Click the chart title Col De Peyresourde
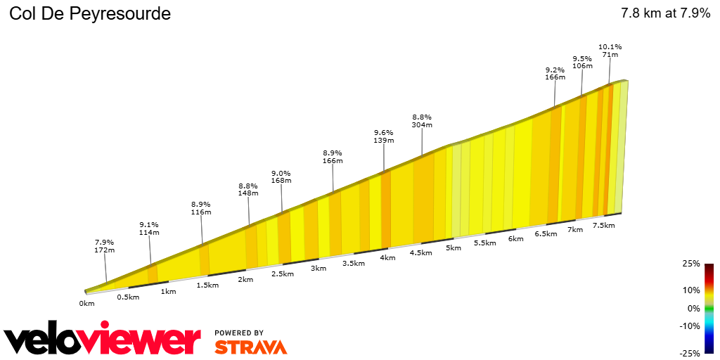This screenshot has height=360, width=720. pyautogui.click(x=90, y=14)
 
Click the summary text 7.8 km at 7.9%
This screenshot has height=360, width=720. pyautogui.click(x=665, y=13)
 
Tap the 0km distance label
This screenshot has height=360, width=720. pyautogui.click(x=86, y=304)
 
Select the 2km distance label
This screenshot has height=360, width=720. pyautogui.click(x=245, y=280)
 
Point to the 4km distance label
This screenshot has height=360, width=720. pyautogui.click(x=387, y=257)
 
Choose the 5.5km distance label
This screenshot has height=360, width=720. pyautogui.click(x=484, y=243)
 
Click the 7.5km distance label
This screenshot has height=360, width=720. pyautogui.click(x=603, y=225)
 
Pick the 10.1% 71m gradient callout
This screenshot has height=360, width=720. pyautogui.click(x=610, y=51)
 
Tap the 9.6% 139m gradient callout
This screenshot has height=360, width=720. pyautogui.click(x=383, y=136)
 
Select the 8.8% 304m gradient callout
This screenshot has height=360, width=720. pyautogui.click(x=422, y=121)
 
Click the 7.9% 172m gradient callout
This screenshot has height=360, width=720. pyautogui.click(x=105, y=245)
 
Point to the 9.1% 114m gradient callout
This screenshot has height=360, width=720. pyautogui.click(x=148, y=229)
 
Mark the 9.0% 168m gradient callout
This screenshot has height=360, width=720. pyautogui.click(x=281, y=176)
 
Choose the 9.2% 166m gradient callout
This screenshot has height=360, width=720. pyautogui.click(x=555, y=73)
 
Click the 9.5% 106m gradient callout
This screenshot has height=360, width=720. pyautogui.click(x=581, y=62)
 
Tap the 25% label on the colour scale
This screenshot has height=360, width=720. pyautogui.click(x=690, y=264)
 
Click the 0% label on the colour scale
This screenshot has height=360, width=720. pyautogui.click(x=693, y=308)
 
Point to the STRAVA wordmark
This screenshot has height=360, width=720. pyautogui.click(x=250, y=347)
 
